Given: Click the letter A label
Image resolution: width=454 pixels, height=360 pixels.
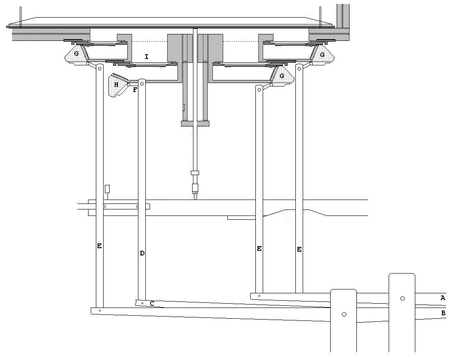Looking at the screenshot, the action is [x=442, y=298].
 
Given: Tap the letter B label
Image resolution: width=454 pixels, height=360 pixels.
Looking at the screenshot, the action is [x=443, y=313].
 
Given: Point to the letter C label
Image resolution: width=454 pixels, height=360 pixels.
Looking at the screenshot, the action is [x=152, y=304].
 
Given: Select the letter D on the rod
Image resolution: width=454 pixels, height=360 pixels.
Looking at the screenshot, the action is [x=142, y=253].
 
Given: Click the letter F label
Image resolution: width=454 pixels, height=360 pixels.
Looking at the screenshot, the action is [x=135, y=90].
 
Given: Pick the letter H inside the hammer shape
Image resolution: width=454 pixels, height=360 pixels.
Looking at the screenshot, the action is [x=116, y=85].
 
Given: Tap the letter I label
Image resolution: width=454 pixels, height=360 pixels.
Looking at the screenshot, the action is [x=147, y=57].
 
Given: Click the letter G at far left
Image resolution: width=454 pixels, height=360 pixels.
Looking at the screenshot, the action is [x=76, y=54].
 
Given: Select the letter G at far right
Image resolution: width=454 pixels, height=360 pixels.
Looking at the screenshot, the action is [x=322, y=55].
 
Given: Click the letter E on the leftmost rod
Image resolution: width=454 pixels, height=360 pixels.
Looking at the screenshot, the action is [x=99, y=246].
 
